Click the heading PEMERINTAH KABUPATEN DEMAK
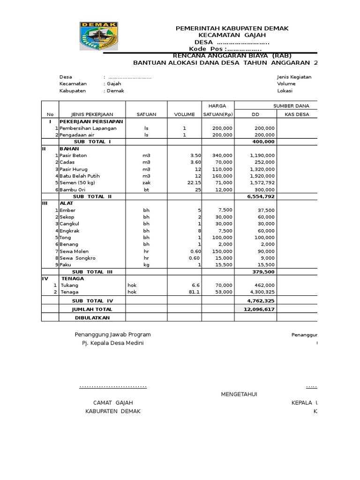(x=232, y=29)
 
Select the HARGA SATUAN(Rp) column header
(x=218, y=110)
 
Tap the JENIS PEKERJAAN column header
(x=92, y=114)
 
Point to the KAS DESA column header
(x=297, y=114)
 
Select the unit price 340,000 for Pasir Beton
(x=222, y=155)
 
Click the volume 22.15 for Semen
(x=193, y=182)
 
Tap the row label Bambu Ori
(x=73, y=189)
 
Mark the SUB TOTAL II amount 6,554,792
(x=261, y=196)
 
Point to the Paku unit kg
(x=146, y=265)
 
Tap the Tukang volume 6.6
(x=195, y=285)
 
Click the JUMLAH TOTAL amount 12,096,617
(x=259, y=309)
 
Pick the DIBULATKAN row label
(x=92, y=317)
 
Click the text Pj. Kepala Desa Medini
(x=112, y=343)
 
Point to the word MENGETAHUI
(x=239, y=394)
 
